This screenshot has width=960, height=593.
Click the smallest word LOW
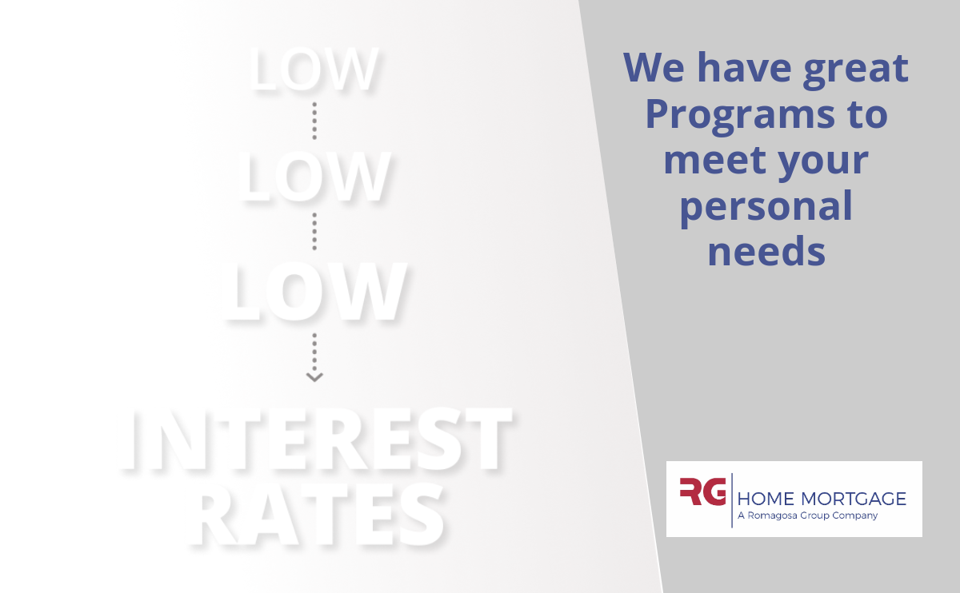click(314, 69)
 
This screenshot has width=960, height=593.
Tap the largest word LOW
click(314, 291)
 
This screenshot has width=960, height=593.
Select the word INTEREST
click(317, 439)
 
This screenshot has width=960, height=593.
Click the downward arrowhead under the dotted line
click(314, 376)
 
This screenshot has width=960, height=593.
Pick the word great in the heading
click(856, 70)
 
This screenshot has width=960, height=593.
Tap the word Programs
click(740, 116)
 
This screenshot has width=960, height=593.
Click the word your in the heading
click(823, 163)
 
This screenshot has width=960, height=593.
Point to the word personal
click(766, 209)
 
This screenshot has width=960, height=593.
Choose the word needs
click(766, 251)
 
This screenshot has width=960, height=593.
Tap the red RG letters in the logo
click(703, 491)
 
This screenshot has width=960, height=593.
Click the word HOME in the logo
click(766, 499)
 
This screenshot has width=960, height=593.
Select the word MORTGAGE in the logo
click(854, 499)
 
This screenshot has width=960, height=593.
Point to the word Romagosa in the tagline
click(772, 515)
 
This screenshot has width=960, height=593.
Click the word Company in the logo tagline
click(855, 516)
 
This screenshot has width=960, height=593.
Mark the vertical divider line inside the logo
click(731, 500)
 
